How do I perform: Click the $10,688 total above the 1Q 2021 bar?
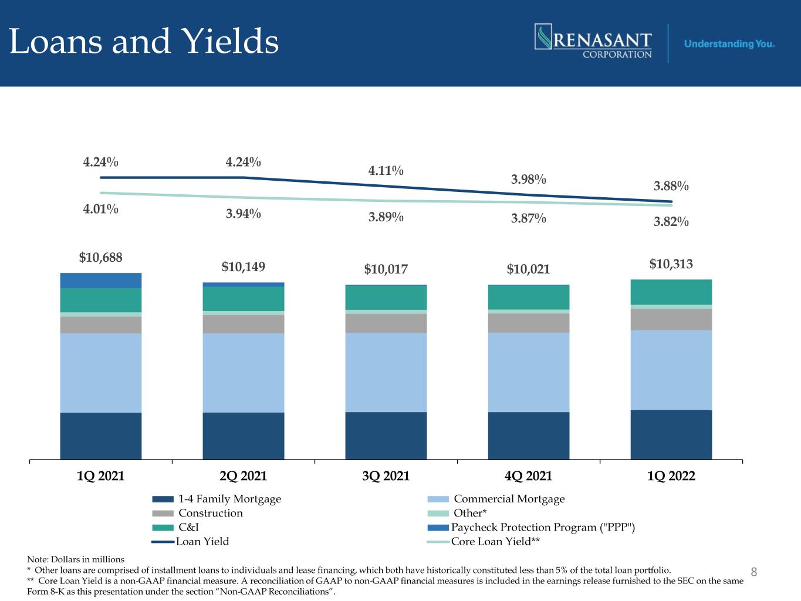(101, 258)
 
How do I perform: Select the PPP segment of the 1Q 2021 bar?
(101, 280)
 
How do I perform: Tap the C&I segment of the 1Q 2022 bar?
(671, 292)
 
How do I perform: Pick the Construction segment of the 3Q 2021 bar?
(386, 323)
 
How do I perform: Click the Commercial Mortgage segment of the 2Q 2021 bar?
(244, 373)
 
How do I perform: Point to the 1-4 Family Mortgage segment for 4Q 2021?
(529, 435)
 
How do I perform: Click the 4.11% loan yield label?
(386, 171)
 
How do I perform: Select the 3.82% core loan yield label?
(671, 221)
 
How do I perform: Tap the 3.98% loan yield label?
(528, 179)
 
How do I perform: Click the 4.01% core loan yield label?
(101, 209)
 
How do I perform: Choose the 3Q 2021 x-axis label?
(386, 476)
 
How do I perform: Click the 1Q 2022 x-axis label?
(671, 476)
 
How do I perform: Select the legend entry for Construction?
(197, 513)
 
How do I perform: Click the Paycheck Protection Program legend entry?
(531, 527)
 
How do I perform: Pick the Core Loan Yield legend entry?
(484, 542)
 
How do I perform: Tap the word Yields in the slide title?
(230, 41)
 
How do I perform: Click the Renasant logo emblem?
(543, 36)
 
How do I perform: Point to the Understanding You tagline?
(729, 44)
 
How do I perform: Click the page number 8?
(754, 572)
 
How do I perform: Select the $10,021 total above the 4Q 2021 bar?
(528, 269)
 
